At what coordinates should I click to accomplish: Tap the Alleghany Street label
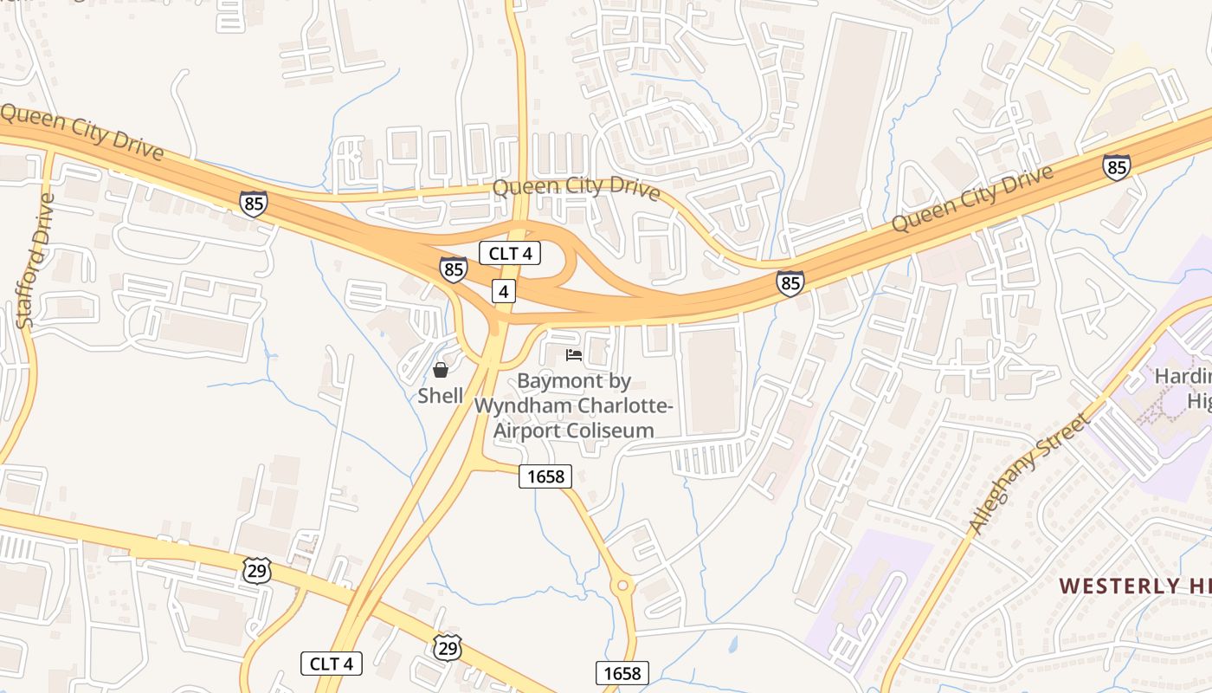coord(1028,473)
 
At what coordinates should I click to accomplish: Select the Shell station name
coord(441,396)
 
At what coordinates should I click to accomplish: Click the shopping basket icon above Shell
coord(441,371)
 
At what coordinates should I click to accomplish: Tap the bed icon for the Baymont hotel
coord(574,354)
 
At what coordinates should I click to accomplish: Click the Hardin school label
coord(1183,377)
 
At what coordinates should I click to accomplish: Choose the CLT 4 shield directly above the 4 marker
coord(510,254)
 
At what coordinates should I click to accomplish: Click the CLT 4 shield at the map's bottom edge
coord(331,664)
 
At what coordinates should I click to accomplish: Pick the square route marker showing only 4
coord(504,291)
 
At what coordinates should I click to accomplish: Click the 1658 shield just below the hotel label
coord(545,476)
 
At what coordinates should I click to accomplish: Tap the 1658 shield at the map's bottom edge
coord(622,673)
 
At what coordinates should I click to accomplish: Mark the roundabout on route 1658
coord(622,586)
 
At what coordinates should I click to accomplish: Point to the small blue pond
coord(734,644)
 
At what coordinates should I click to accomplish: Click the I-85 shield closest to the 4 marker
coord(453,269)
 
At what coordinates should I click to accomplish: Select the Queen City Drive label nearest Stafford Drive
coord(82,133)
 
